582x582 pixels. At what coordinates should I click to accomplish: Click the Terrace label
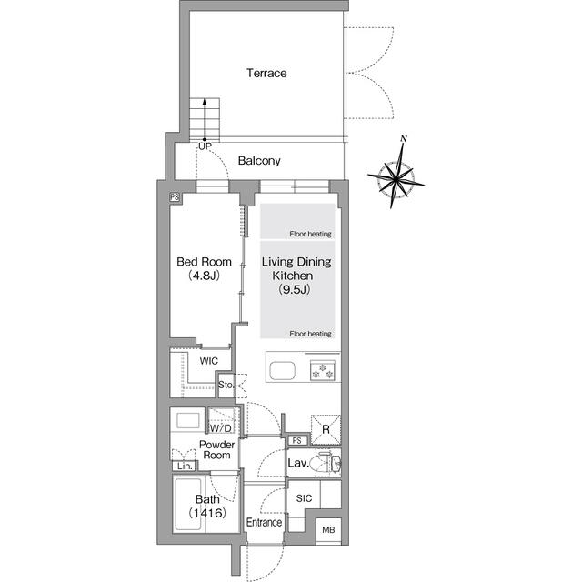coord(266,73)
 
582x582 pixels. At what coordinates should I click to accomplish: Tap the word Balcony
coord(259,161)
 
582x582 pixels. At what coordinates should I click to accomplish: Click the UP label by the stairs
coord(205,146)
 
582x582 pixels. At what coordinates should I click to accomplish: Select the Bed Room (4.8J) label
coord(204,268)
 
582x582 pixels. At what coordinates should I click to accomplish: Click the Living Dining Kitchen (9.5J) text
coord(296,276)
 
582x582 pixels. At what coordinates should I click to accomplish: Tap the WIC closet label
coord(209,361)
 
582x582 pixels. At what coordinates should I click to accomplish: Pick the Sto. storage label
coord(226,385)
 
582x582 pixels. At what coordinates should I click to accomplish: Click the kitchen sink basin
coord(283,371)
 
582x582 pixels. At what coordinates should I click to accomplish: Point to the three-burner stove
coord(323,371)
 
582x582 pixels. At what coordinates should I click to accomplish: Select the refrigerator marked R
coord(326,429)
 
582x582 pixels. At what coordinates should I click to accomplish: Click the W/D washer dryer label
coord(220,428)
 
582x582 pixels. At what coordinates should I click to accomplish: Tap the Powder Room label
coord(216,449)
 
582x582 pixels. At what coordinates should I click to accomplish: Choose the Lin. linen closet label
coord(185,466)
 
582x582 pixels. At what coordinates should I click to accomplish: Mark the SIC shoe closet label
coord(304,498)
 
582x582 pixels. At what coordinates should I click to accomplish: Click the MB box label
coord(328,529)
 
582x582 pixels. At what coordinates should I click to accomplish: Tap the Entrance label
coord(264,522)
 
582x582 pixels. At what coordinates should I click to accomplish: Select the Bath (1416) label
coord(207,506)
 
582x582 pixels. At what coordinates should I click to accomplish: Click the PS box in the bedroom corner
coord(175,197)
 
